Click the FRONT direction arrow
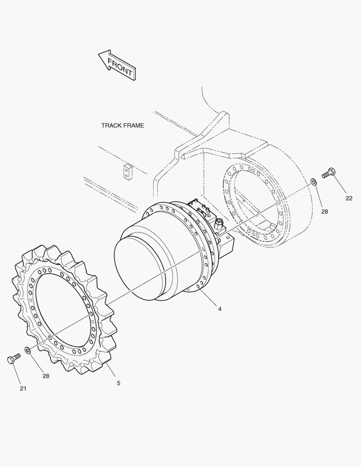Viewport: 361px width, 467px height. [117, 65]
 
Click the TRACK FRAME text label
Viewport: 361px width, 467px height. [122, 125]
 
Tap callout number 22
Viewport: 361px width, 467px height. [349, 198]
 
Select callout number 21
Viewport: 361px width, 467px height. [23, 388]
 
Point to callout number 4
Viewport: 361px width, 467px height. [220, 309]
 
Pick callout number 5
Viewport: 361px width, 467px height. [118, 383]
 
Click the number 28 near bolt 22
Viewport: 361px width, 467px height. [325, 211]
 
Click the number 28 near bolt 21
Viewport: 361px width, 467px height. [45, 376]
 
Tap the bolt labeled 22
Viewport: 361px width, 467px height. [329, 173]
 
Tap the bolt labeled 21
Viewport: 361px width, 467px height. [14, 358]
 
